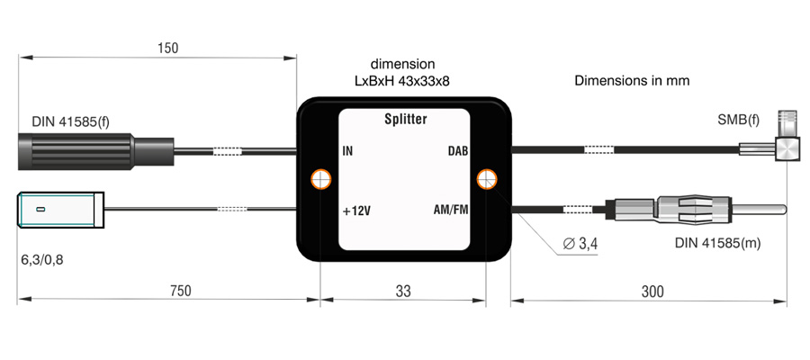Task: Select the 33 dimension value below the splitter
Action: [402, 291]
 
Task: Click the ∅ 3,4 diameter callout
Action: [578, 243]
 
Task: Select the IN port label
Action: [348, 150]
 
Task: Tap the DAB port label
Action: [459, 150]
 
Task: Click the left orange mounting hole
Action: [319, 179]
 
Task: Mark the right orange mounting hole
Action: [487, 179]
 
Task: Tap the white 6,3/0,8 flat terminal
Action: [60, 211]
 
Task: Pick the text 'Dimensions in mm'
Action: [632, 80]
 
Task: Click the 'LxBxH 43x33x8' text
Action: [402, 81]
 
